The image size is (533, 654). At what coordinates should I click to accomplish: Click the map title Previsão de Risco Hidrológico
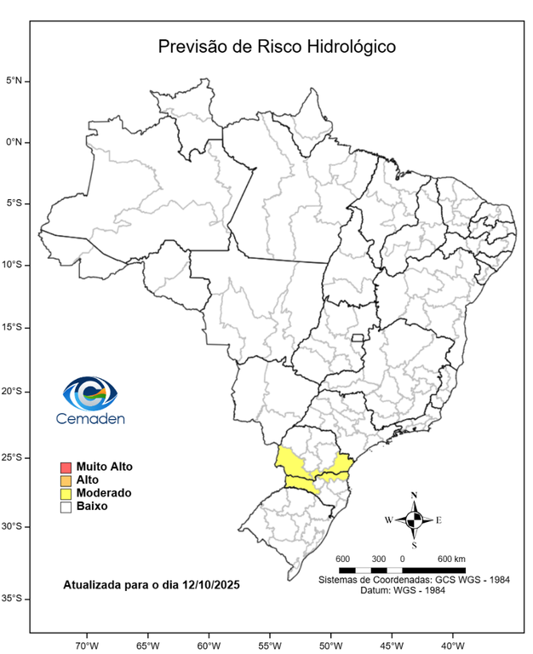click(x=277, y=47)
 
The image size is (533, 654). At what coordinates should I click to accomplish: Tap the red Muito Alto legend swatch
click(x=65, y=468)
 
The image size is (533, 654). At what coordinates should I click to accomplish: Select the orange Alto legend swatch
click(x=65, y=480)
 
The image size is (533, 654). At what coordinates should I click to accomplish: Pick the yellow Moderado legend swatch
click(x=65, y=493)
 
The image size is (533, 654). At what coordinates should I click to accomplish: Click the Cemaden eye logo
click(x=89, y=393)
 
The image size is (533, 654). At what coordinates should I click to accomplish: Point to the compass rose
click(x=414, y=519)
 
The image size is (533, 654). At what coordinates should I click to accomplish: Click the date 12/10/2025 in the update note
click(x=210, y=586)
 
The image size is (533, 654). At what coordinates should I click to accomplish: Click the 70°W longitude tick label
click(x=87, y=644)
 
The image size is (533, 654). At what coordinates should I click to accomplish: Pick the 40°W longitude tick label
click(x=452, y=644)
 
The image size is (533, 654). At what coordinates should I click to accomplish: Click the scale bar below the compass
click(x=402, y=569)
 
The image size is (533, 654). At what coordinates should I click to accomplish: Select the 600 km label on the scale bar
click(x=451, y=559)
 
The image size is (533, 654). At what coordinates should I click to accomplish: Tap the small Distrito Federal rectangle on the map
click(x=358, y=339)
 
